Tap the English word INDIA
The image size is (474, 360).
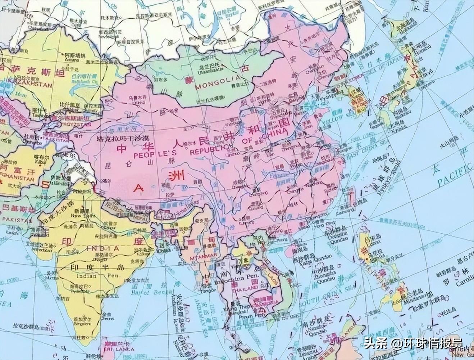[103, 248]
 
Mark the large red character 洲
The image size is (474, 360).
[178, 175]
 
